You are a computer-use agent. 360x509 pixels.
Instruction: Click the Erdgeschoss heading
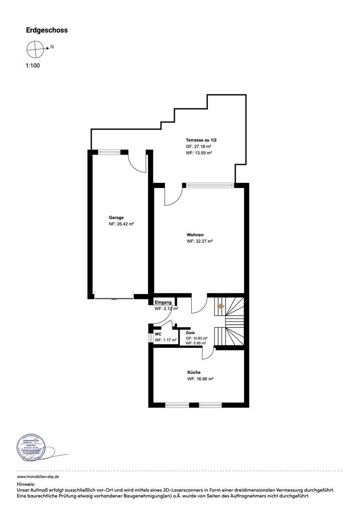[x=47, y=30]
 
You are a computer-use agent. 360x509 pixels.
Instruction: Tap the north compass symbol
[x=35, y=48]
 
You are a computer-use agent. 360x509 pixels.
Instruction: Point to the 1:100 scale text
[x=33, y=66]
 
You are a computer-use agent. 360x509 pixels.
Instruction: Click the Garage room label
[x=116, y=218]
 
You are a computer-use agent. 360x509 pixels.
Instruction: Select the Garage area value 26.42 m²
[x=122, y=225]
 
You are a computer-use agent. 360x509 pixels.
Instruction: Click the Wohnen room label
[x=195, y=234]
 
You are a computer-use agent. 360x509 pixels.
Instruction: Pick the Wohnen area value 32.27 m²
[x=200, y=241]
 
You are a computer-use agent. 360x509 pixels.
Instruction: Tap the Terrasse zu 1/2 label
[x=201, y=140]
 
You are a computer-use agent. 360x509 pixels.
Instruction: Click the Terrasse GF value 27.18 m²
[x=198, y=147]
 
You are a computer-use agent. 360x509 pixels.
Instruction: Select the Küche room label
[x=194, y=372]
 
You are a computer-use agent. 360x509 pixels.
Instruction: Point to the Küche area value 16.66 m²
[x=200, y=379]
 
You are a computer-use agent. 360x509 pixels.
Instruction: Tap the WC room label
[x=158, y=334]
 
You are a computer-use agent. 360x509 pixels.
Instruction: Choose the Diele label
[x=190, y=333]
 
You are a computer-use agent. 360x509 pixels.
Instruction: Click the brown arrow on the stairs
[x=221, y=306]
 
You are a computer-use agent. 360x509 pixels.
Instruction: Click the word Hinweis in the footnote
[x=26, y=484]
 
